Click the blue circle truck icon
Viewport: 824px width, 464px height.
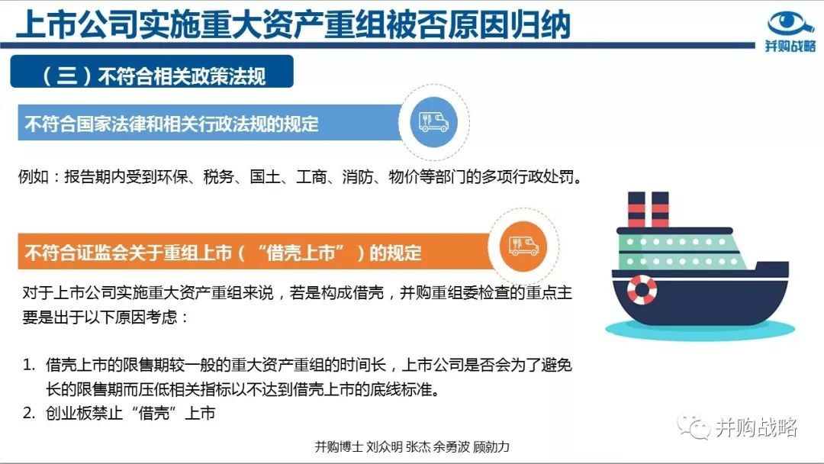433,122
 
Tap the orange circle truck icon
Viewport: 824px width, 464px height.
523,246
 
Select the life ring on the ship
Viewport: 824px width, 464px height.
642,289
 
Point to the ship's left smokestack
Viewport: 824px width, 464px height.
636,209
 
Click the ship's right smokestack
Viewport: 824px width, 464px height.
660,209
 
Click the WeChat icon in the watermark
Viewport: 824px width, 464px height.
694,427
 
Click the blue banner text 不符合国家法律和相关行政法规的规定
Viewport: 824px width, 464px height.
172,124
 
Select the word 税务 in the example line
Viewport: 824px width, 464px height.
219,176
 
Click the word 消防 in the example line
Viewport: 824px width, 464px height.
357,176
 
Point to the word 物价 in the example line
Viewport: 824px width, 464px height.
404,176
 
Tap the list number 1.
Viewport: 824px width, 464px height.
28,365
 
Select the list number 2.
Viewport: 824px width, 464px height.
28,413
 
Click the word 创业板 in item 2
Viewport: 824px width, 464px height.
69,413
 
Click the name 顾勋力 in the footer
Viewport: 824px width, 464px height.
491,446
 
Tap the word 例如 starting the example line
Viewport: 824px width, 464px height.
34,176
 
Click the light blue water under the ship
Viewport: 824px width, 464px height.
700,330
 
